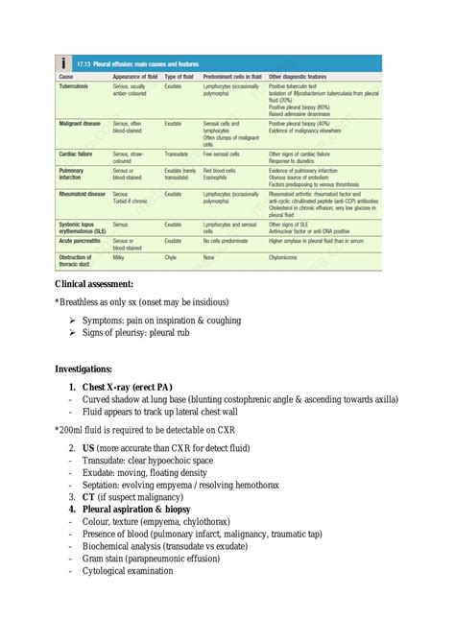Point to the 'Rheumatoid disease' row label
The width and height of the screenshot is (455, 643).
coord(84,194)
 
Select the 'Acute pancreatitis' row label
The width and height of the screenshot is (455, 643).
coord(84,241)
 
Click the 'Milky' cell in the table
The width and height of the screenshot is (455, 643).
coord(119,257)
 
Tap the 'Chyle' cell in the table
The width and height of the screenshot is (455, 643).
coord(171,257)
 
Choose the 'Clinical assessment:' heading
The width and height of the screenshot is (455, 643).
coord(94,284)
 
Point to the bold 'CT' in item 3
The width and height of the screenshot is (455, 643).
coord(88,497)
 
